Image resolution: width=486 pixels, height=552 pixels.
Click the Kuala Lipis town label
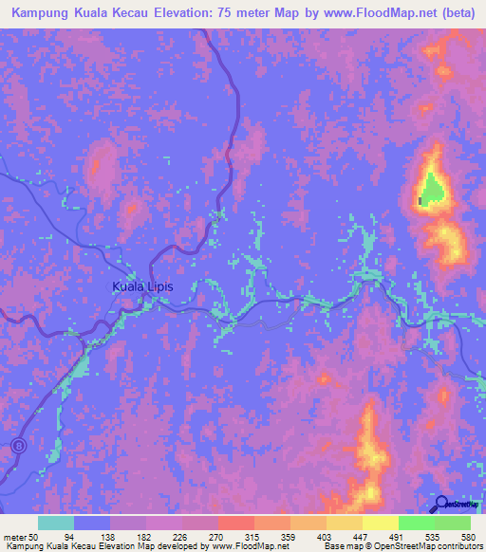[x=142, y=285]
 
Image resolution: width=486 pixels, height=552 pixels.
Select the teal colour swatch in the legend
[x=55, y=523]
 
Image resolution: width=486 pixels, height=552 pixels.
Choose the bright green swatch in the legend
[x=416, y=523]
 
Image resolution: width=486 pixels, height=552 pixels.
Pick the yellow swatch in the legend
[x=380, y=523]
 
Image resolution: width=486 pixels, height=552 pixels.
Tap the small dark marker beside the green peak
[x=421, y=200]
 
